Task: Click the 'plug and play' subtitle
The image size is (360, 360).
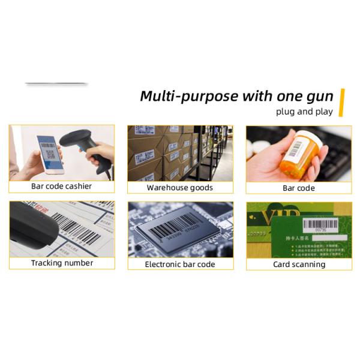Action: point(304,112)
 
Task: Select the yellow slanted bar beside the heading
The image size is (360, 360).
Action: point(343,102)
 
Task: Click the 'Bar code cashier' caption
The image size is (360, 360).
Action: point(62,186)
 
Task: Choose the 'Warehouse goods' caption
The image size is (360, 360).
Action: point(180,187)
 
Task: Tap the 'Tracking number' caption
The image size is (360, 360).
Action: point(62,263)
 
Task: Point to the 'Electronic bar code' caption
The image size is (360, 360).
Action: point(180,264)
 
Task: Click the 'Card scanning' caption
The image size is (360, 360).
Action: point(299,264)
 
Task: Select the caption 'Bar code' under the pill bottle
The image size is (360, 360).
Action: point(299,188)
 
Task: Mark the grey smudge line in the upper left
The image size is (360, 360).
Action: point(56,83)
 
